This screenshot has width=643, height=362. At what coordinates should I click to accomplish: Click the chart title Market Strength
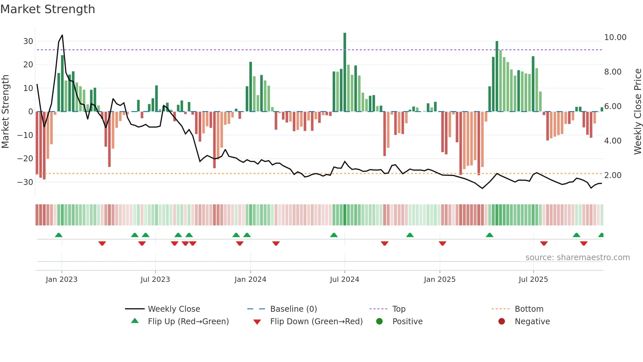pyautogui.click(x=48, y=9)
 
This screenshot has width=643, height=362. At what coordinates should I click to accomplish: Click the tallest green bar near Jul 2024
pyautogui.click(x=345, y=72)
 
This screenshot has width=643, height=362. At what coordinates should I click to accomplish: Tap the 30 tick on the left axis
pyautogui.click(x=28, y=41)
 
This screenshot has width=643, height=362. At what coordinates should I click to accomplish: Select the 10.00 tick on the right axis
pyautogui.click(x=615, y=37)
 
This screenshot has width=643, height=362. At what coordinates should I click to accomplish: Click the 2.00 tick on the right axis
pyautogui.click(x=613, y=175)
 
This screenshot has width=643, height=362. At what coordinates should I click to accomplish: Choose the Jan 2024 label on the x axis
pyautogui.click(x=250, y=280)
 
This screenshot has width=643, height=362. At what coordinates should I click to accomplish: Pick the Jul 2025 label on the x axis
pyautogui.click(x=533, y=280)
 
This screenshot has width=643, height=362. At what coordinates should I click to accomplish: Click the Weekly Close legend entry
pyautogui.click(x=174, y=309)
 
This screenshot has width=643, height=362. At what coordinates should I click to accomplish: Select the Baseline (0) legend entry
pyautogui.click(x=293, y=309)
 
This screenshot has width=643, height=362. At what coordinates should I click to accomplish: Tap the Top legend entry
pyautogui.click(x=399, y=309)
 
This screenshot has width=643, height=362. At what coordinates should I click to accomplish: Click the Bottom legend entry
pyautogui.click(x=529, y=309)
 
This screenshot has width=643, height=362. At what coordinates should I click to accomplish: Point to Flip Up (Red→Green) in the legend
pyautogui.click(x=188, y=322)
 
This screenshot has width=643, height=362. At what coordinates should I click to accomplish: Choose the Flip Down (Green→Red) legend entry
pyautogui.click(x=316, y=322)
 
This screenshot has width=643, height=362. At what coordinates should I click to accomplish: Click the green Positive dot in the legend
pyautogui.click(x=380, y=322)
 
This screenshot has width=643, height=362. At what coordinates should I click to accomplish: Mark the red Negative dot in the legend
pyautogui.click(x=502, y=322)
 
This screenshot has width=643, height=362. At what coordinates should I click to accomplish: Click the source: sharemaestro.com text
pyautogui.click(x=577, y=258)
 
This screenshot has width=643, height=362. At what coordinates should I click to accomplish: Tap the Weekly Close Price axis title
pyautogui.click(x=637, y=112)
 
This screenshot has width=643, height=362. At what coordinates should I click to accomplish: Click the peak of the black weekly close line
pyautogui.click(x=62, y=35)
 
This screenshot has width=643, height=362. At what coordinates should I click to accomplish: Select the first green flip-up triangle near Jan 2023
pyautogui.click(x=59, y=235)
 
